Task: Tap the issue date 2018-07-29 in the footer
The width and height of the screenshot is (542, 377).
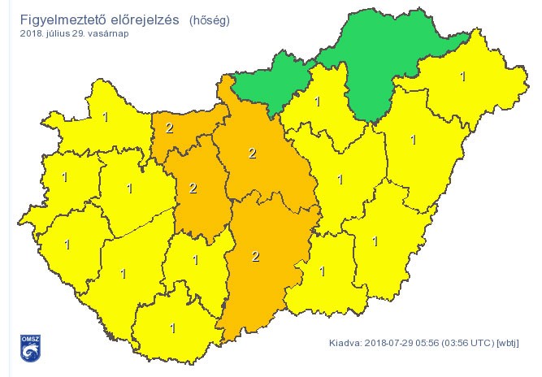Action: click(x=391, y=343)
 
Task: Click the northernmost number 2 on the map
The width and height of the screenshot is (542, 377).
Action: click(x=169, y=128)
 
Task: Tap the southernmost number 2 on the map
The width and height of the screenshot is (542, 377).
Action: click(x=255, y=257)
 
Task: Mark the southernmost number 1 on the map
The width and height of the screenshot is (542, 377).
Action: click(x=172, y=328)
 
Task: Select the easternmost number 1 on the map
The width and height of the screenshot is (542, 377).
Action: click(x=463, y=77)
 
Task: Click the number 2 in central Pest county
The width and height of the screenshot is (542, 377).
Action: click(x=253, y=154)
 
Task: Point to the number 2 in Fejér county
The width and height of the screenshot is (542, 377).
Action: click(x=193, y=188)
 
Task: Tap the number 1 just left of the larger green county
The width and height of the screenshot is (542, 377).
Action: click(x=318, y=102)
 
